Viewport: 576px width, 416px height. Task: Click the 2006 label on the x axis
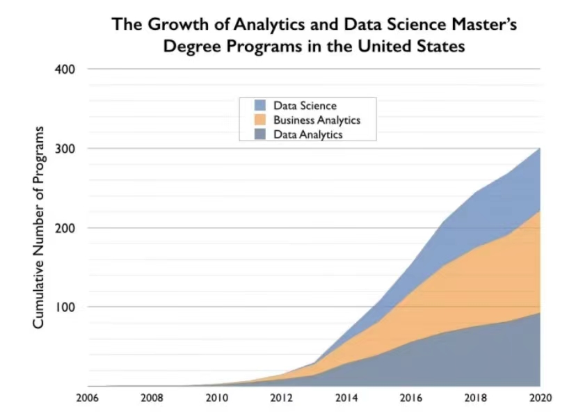click(88, 399)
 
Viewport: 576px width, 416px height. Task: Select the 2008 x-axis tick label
click(152, 399)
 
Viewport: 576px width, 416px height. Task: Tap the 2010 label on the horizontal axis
click(217, 399)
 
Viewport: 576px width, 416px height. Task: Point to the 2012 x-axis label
click(281, 399)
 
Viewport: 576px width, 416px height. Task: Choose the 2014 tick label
click(346, 399)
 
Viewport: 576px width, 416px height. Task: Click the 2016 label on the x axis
click(410, 399)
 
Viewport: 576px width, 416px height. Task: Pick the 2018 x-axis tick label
click(476, 399)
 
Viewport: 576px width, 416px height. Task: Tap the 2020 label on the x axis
click(540, 399)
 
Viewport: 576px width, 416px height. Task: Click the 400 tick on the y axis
click(66, 70)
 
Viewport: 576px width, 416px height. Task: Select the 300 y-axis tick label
click(66, 149)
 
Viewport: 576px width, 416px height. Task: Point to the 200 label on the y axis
click(66, 228)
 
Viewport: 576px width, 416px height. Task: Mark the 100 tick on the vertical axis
click(66, 307)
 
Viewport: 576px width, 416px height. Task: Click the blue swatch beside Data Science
click(259, 106)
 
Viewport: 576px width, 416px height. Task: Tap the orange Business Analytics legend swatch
click(259, 120)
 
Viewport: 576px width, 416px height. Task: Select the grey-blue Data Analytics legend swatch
click(259, 135)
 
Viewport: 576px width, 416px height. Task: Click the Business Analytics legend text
click(316, 120)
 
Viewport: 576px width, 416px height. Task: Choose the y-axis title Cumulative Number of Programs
click(40, 228)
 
